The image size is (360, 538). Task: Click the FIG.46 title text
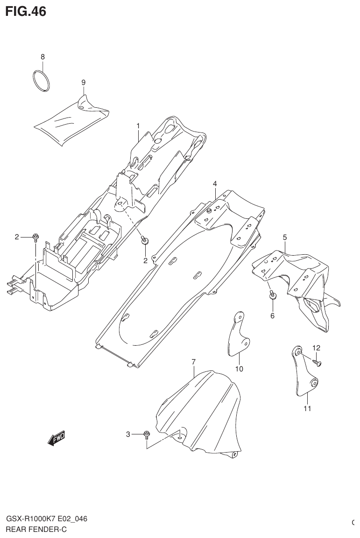[x=26, y=11]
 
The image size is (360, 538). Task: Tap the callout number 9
[x=84, y=83]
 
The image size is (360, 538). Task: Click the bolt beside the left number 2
[x=35, y=238]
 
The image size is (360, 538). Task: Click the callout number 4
[x=215, y=183]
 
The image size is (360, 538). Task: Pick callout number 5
[x=285, y=238]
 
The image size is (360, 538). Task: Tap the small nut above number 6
[x=272, y=294]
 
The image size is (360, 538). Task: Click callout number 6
[x=273, y=315]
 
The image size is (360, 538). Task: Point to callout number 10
[x=239, y=369]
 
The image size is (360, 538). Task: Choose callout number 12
[x=317, y=348]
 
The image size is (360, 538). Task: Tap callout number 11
[x=307, y=409]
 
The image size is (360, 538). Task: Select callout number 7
[x=193, y=362]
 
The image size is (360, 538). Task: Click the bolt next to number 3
[x=147, y=435]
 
